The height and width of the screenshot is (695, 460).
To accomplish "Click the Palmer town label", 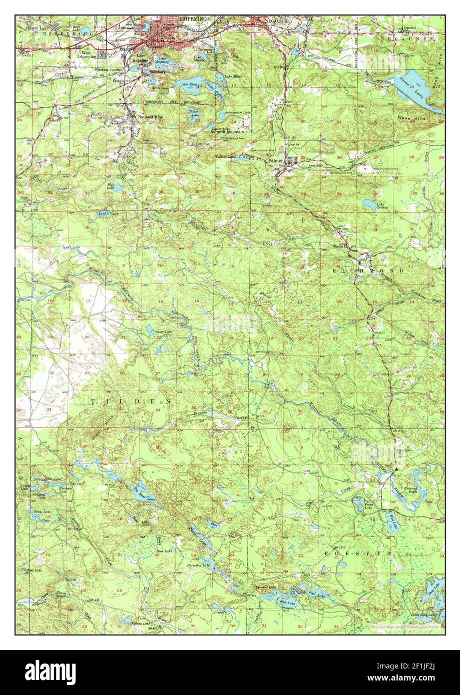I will tap(274, 161).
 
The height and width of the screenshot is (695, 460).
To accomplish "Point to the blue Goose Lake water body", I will tap(415, 92).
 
